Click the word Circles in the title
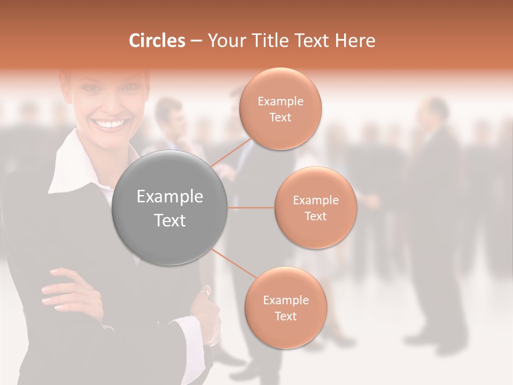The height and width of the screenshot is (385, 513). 157,41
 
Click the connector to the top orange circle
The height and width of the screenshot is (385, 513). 231,152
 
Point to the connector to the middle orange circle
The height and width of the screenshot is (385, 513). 251,207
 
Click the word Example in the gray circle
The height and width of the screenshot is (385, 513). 169,197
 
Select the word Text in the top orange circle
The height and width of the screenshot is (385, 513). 280,118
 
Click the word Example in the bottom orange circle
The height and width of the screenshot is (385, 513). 285,301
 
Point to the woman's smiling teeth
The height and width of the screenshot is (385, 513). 110,124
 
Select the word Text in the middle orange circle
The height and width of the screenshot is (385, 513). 315,217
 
